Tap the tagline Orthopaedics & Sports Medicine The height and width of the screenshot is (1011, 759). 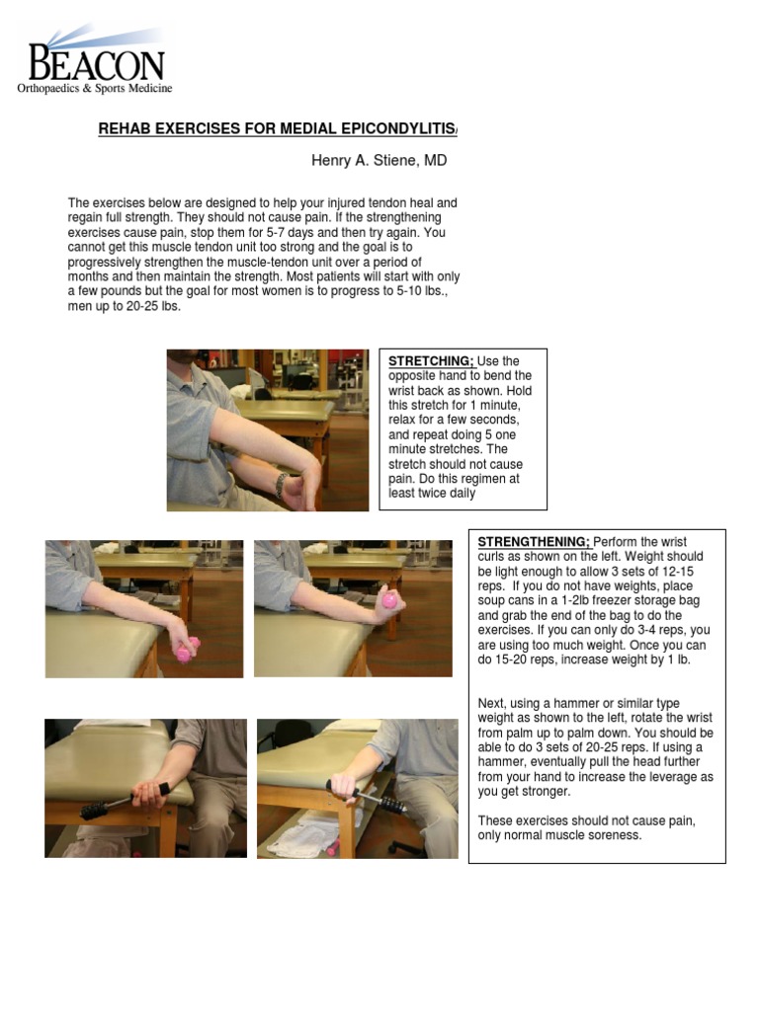[x=95, y=89]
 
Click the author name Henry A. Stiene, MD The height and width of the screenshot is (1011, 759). [x=372, y=160]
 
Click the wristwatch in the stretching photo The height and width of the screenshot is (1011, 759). [x=281, y=484]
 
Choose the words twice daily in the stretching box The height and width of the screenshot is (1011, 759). [x=446, y=494]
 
